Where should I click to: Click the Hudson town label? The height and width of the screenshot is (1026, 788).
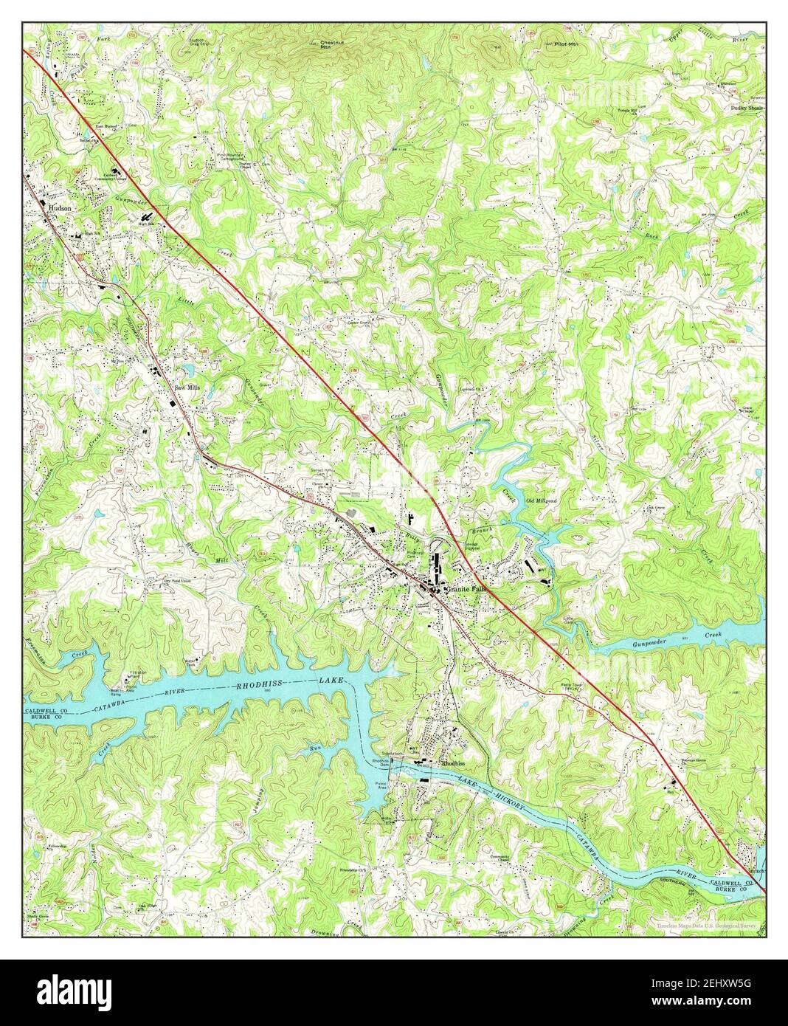[60, 209]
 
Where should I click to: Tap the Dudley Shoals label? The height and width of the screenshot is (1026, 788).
[747, 107]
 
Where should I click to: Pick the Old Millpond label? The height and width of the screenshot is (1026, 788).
[539, 501]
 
